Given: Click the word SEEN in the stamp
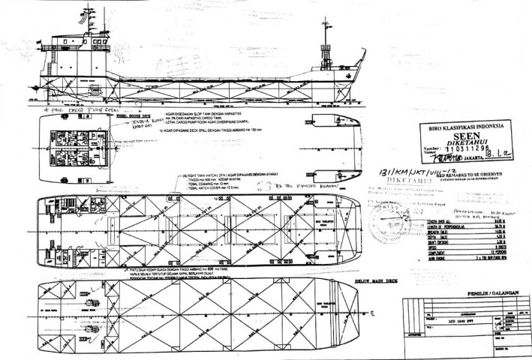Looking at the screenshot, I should (460, 138).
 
